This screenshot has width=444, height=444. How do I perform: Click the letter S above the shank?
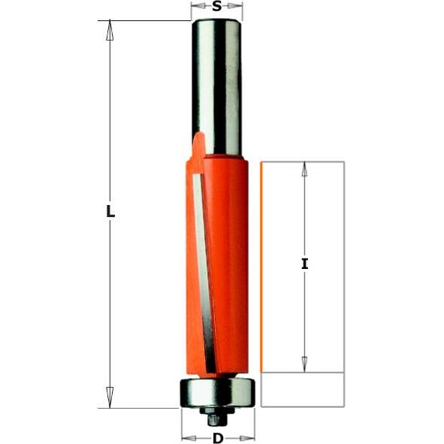coord(217,8)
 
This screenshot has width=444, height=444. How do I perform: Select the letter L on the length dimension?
coord(110,213)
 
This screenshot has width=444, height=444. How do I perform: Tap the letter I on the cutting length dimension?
coord(304,264)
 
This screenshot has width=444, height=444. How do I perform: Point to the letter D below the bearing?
coord(218,438)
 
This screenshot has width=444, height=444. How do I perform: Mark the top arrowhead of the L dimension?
coord(110,30)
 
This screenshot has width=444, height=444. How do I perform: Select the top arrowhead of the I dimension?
coord(304,170)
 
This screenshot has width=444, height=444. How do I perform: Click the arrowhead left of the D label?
coord(189,438)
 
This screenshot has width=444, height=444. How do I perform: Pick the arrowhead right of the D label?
coord(248,438)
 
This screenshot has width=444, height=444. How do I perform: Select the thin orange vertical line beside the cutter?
coord(261,267)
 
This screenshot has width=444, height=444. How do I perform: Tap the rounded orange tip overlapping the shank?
coord(198,144)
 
